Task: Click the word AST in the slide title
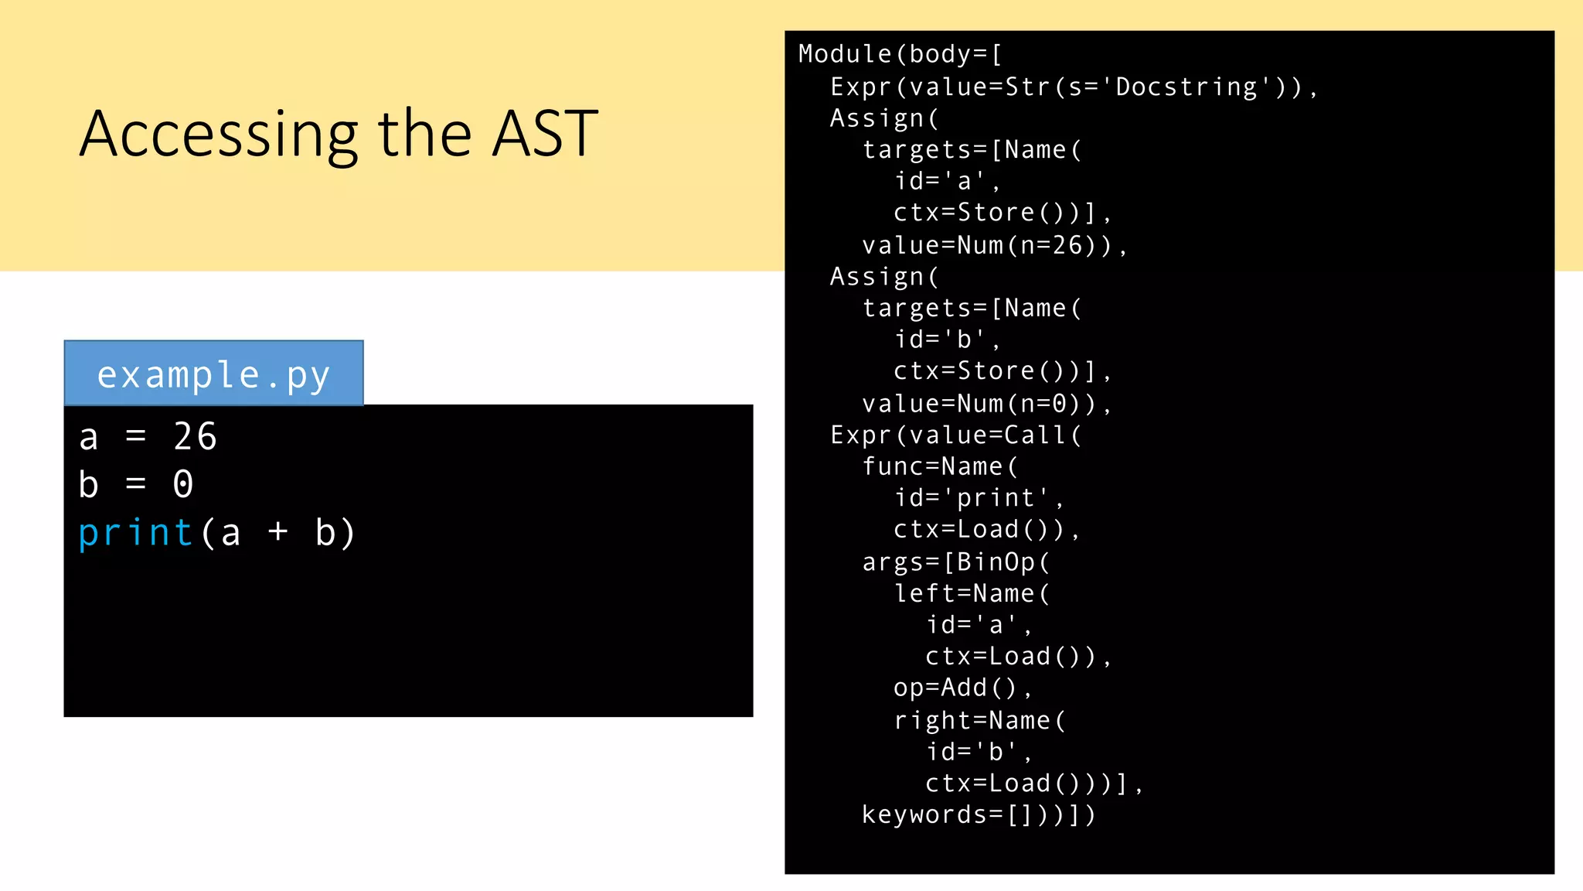545,135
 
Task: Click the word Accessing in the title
219,136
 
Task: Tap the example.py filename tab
213,374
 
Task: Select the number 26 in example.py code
195,437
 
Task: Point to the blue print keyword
135,533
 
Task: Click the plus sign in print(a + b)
277,532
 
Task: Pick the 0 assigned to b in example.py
182,485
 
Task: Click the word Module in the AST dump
845,54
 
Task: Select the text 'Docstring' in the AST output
1187,87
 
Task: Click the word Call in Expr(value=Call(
1035,435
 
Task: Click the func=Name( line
940,466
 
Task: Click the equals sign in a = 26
135,437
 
